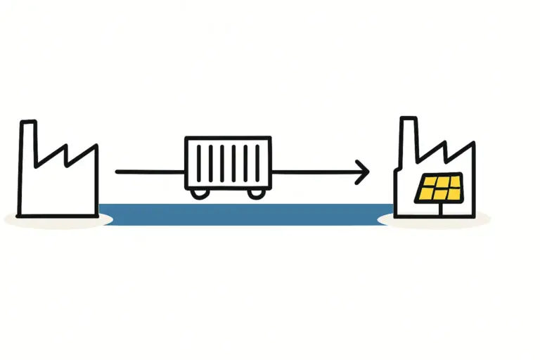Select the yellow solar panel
(440, 188)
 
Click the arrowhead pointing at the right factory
(363, 172)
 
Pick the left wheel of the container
(198, 192)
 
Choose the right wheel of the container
(257, 192)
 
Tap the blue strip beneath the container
(246, 214)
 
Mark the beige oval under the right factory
(435, 220)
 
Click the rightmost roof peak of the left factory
(95, 146)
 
